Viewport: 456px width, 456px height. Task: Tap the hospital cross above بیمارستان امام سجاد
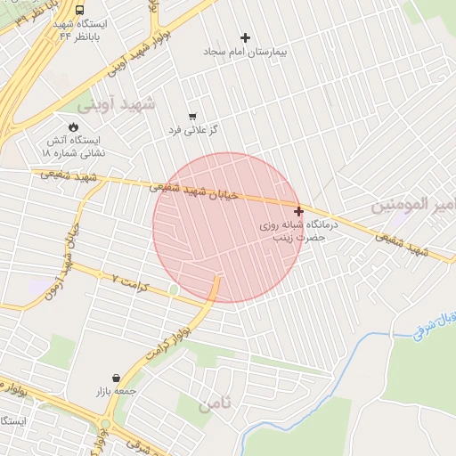tap(245, 37)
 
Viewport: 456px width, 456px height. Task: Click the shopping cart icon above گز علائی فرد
tap(192, 117)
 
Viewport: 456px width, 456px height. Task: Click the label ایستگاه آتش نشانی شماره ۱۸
tap(72, 147)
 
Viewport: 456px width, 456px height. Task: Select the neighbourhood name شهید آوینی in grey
tap(116, 104)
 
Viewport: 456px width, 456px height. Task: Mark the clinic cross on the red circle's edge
tap(298, 211)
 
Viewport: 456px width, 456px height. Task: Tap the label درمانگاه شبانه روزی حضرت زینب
tap(294, 232)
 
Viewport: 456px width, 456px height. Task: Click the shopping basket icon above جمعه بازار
tap(117, 378)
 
